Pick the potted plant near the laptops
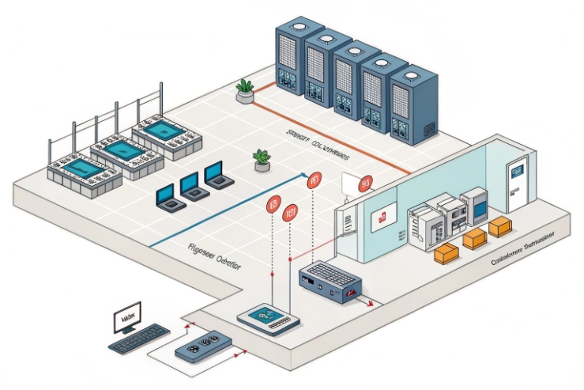click(x=262, y=159)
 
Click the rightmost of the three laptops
click(x=215, y=174)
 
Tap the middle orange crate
click(x=475, y=239)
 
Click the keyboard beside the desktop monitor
click(x=139, y=339)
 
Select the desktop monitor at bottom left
click(x=126, y=317)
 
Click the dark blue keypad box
click(x=330, y=281)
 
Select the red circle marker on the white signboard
click(x=364, y=184)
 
